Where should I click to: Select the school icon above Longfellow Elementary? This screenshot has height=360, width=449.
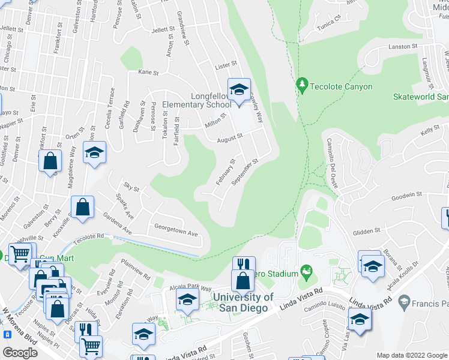[x=239, y=91]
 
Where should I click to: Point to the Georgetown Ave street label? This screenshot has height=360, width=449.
[x=176, y=233]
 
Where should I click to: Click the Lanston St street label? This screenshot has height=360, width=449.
[x=402, y=46]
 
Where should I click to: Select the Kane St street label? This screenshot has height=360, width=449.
[x=148, y=73]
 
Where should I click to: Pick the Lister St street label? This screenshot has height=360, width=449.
[x=227, y=62]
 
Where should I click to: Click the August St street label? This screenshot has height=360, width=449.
[x=229, y=137]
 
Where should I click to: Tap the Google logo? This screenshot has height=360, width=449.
[x=20, y=353]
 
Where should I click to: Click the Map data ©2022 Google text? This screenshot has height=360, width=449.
[x=411, y=355]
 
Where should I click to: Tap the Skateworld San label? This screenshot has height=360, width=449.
[x=421, y=97]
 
